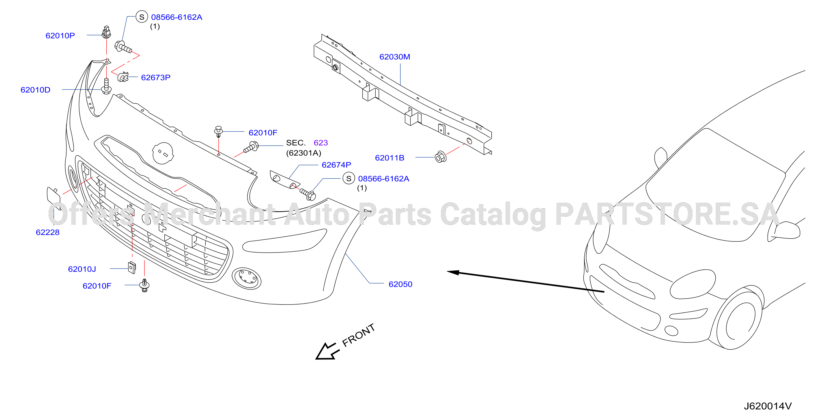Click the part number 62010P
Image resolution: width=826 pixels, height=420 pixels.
60,36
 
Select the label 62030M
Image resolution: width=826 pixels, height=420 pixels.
395,57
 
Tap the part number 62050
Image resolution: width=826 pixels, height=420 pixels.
400,284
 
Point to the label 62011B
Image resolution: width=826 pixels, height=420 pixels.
390,158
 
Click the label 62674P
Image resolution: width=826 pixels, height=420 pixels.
336,165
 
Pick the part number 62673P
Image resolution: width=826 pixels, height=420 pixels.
156,78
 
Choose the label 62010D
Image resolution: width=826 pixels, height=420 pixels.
35,90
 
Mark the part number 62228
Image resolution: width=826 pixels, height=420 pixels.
48,232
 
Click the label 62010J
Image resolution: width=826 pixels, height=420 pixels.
82,269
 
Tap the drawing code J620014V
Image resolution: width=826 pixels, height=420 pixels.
768,406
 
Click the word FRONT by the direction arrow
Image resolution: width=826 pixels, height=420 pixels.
358,335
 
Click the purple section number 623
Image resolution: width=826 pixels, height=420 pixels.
321,143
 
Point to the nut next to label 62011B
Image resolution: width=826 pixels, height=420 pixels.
440,157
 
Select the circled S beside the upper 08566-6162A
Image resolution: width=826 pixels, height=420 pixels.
142,17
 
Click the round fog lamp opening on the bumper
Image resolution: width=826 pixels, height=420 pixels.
246,278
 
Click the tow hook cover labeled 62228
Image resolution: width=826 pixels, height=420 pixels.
54,198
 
